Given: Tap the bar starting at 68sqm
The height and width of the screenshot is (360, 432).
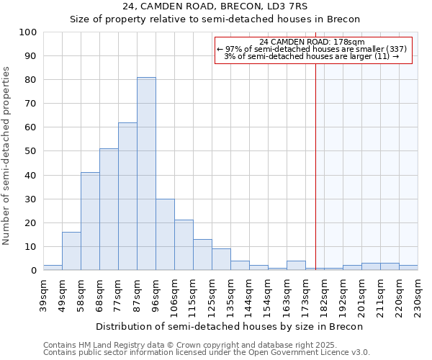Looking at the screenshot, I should point(109,210).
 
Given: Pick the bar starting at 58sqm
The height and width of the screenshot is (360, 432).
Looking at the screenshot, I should point(90,221).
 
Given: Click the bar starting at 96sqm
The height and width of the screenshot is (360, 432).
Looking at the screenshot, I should point(165,235).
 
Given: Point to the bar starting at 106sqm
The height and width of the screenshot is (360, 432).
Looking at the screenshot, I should point(184,246).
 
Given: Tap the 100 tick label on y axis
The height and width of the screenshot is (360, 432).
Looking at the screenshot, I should point(28,32).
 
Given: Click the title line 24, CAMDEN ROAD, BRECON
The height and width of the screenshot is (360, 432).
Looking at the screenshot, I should point(215,6).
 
